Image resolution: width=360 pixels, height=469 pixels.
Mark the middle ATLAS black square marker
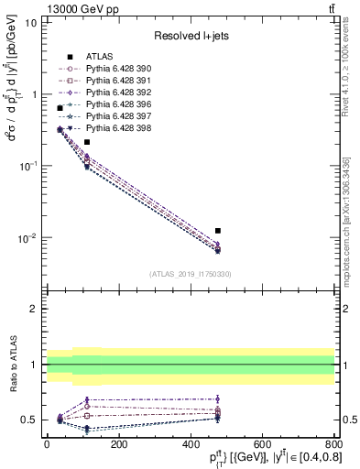[x=87, y=142]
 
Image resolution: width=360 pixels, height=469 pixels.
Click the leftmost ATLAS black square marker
[x=60, y=108]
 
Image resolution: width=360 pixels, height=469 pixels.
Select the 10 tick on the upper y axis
[x=31, y=22]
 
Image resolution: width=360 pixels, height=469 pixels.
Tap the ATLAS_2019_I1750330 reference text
[x=191, y=274]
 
